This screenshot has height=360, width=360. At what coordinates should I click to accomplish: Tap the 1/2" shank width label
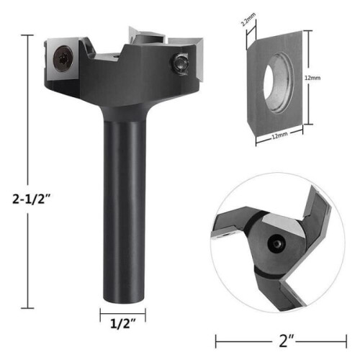click(122, 324)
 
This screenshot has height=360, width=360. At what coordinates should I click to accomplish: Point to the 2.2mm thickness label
click(248, 19)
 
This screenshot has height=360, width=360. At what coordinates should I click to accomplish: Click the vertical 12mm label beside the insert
click(312, 78)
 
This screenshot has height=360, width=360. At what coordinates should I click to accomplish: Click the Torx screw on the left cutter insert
click(63, 58)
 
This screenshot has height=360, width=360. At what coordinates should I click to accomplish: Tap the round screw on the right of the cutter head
click(179, 63)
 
